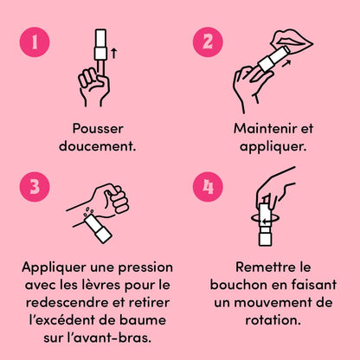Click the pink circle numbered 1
coord(35,42)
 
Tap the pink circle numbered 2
coord(208,42)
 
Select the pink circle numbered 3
coord(35,187)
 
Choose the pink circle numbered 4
coord(208,187)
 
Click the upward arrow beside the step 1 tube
coord(114,53)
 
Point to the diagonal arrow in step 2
coord(286,63)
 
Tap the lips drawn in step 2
coord(292,39)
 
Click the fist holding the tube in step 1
coord(93,87)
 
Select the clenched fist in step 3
coord(111,199)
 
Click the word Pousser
coord(98,129)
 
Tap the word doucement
coord(97,146)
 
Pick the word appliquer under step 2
coord(273,147)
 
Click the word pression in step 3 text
coord(145,268)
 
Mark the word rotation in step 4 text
coord(273,320)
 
